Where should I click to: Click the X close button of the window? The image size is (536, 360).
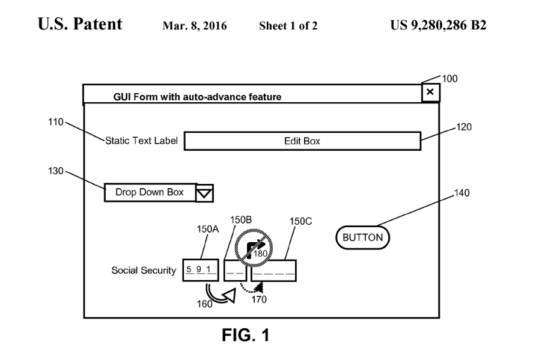click(430, 93)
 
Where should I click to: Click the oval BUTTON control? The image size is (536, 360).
click(362, 237)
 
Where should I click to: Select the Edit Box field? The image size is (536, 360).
click(302, 141)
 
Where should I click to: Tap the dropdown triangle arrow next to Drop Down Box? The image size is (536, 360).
click(205, 192)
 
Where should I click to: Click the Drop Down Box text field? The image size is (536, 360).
click(150, 192)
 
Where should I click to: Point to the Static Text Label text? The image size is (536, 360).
click(141, 141)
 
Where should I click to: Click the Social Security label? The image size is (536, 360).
click(144, 270)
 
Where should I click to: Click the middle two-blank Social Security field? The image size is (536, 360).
click(236, 270)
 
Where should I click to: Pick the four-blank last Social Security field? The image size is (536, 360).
click(273, 270)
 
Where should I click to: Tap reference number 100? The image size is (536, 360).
click(450, 78)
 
